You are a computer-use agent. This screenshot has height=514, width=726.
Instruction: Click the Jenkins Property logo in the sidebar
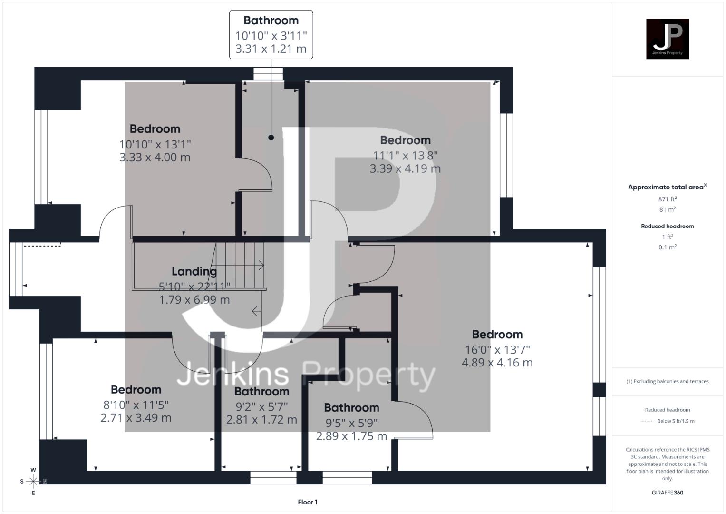(667, 39)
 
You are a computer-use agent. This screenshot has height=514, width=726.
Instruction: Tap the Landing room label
(194, 271)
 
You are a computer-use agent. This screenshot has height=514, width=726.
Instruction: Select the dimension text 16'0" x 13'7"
(497, 349)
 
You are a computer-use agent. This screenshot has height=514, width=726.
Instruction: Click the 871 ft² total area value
(667, 199)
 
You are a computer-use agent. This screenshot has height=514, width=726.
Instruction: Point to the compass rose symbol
(33, 481)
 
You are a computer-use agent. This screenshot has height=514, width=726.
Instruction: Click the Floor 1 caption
(308, 502)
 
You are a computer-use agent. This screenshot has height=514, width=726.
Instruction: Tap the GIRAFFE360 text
(667, 493)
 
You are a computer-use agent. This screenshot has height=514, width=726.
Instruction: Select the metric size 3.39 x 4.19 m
(405, 168)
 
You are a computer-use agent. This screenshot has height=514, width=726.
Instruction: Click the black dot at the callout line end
(271, 138)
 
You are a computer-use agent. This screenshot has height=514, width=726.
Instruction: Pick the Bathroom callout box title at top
(271, 20)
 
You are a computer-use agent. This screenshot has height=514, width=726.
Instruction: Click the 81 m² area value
(667, 209)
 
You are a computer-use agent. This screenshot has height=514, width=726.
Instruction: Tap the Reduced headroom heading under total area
(667, 226)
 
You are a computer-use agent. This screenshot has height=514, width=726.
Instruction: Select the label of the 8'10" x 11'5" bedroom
(136, 389)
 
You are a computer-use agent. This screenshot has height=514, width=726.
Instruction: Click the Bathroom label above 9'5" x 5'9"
(351, 407)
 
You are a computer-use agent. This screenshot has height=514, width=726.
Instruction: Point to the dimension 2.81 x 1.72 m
(261, 419)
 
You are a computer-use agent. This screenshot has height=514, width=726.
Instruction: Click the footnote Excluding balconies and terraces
(667, 381)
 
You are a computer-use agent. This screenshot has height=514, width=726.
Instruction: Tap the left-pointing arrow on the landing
(256, 311)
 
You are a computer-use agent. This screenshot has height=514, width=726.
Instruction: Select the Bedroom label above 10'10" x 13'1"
(155, 128)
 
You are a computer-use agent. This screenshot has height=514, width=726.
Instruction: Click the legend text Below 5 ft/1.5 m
(675, 421)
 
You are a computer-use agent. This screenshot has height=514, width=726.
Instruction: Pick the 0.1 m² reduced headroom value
(667, 247)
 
